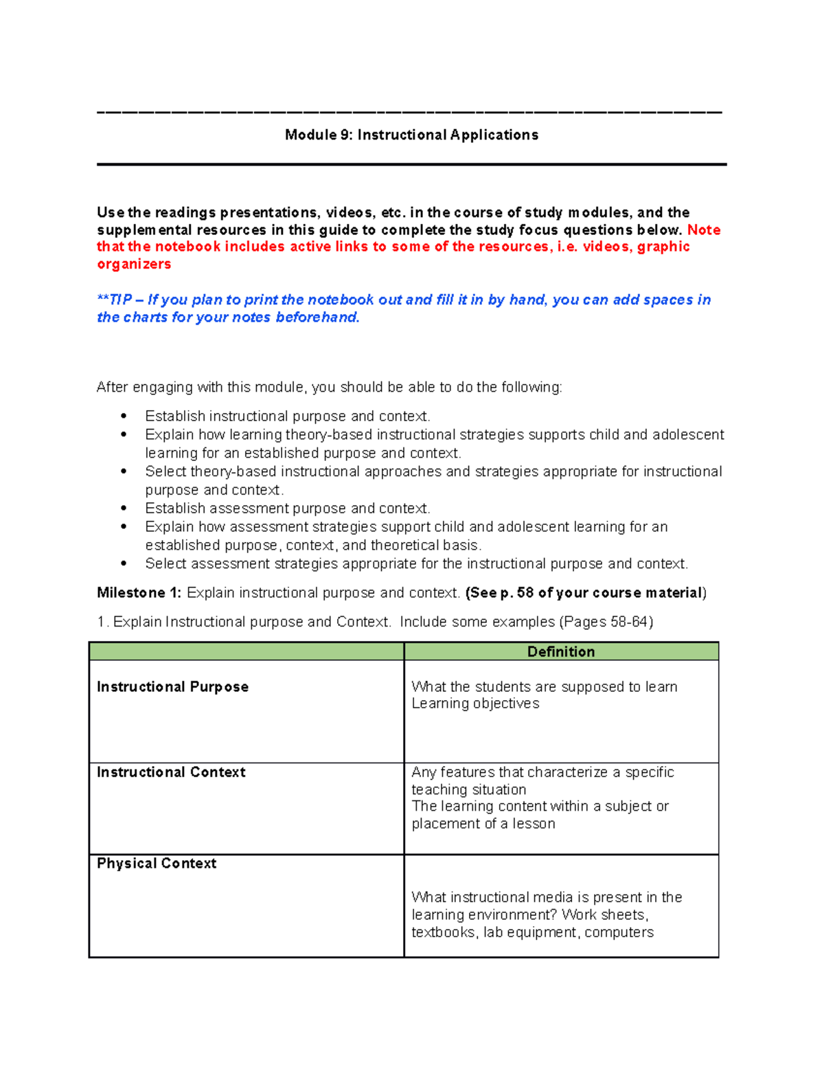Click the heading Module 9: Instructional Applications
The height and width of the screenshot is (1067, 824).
(x=411, y=135)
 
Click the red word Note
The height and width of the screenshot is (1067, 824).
(x=703, y=229)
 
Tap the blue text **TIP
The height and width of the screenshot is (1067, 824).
(x=115, y=300)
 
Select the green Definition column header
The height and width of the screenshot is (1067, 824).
(x=561, y=651)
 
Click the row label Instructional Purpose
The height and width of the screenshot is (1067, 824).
(x=172, y=686)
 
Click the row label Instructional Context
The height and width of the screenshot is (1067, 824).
(x=171, y=772)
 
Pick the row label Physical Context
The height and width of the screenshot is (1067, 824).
(x=157, y=863)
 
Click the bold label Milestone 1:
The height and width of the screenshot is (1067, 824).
(x=139, y=592)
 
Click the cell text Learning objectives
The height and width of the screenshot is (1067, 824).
(x=475, y=704)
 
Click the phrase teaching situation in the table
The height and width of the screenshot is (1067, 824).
(x=469, y=789)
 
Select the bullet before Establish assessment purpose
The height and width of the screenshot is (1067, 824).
(x=124, y=508)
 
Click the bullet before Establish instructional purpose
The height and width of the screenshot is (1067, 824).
(x=124, y=416)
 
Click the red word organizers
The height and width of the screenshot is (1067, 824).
(x=134, y=264)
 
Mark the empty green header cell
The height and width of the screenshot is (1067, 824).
(x=247, y=651)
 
